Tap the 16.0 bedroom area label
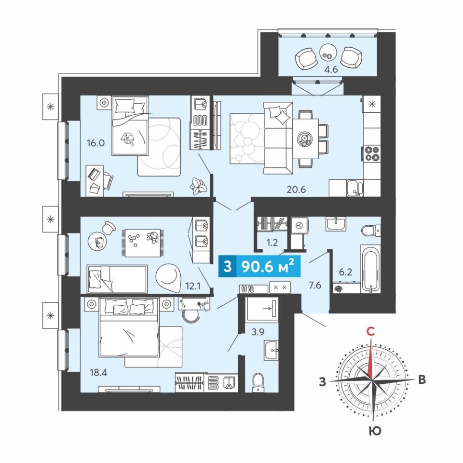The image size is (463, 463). (x=95, y=143)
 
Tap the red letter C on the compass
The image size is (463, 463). (x=370, y=332)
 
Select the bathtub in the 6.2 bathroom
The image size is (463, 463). (x=370, y=269)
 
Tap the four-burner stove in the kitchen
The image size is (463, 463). (x=371, y=153)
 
